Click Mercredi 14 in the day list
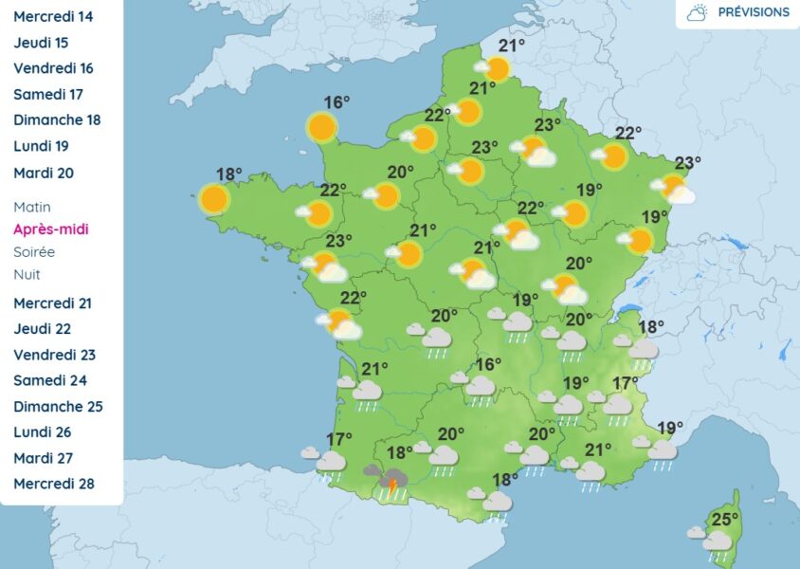[53, 16]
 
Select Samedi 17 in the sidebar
[48, 94]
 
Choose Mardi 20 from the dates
[44, 173]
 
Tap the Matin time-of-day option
[32, 207]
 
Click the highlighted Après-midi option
[51, 229]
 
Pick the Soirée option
[34, 252]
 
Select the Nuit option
[27, 274]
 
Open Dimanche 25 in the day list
[58, 407]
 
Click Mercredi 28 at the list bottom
[54, 484]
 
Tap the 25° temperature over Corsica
[724, 519]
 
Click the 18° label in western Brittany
[229, 174]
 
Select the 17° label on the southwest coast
[338, 439]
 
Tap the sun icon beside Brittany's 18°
[215, 199]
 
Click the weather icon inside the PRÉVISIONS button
[698, 13]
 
